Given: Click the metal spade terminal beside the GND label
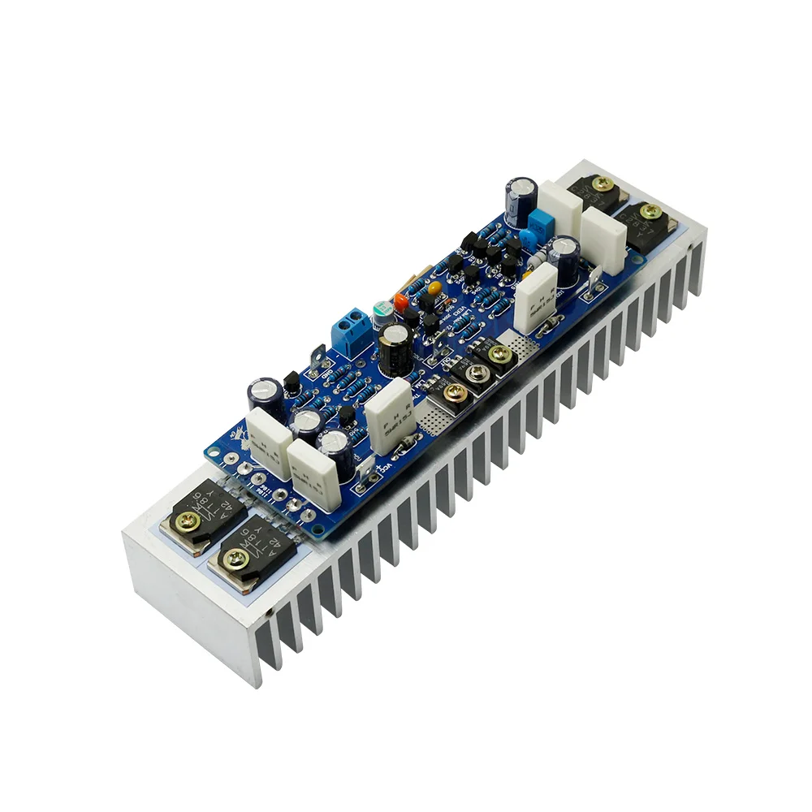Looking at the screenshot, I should pyautogui.click(x=317, y=358).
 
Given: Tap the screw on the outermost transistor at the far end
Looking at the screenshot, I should pyautogui.click(x=650, y=212).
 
